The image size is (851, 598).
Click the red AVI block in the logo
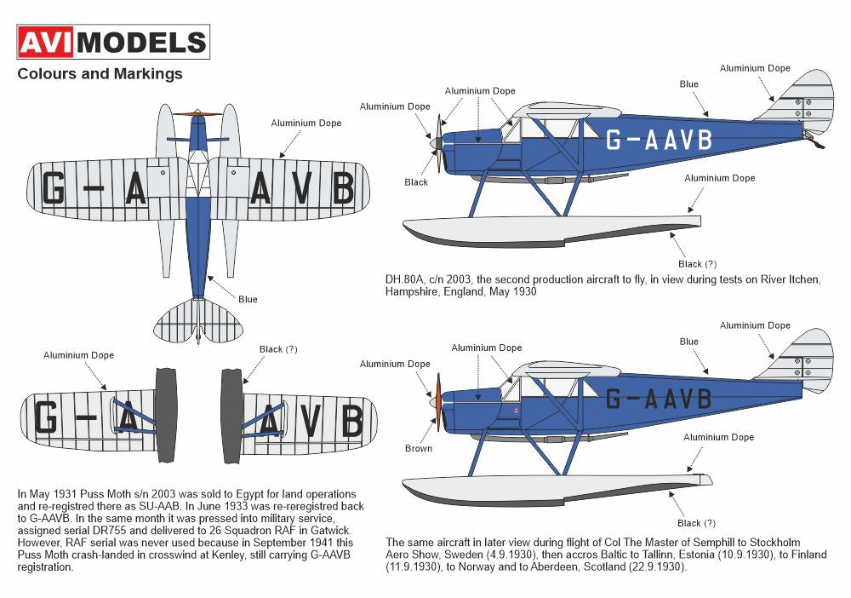51,42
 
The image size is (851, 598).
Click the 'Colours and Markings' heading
100,73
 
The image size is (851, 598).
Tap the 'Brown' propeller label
418,449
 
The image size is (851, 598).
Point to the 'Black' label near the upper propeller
416,182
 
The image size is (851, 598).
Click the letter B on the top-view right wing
341,188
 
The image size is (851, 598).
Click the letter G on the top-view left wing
54,188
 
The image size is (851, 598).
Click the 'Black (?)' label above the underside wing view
278,349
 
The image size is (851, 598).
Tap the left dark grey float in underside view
166,415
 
